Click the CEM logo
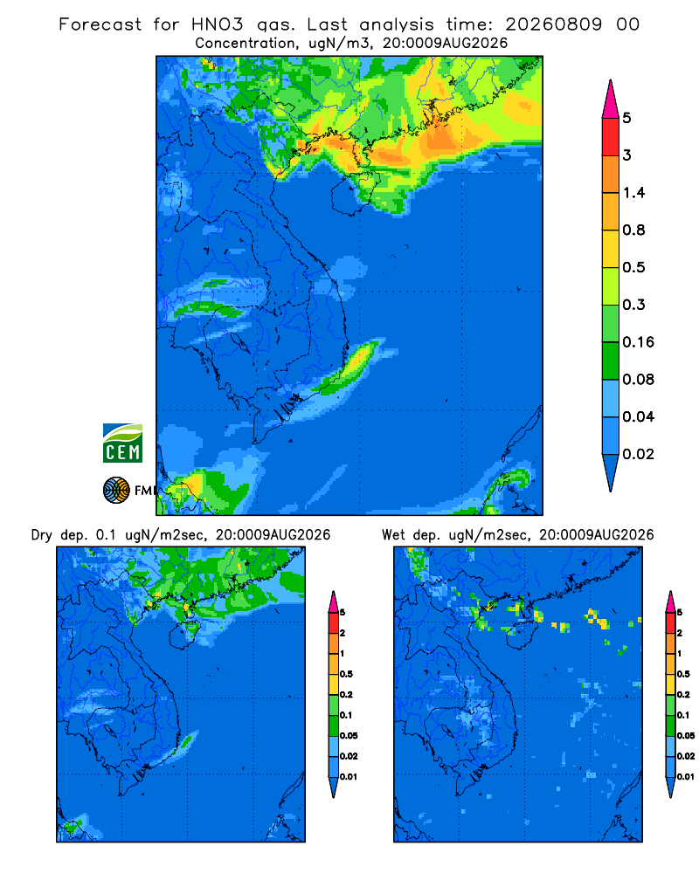(x=122, y=443)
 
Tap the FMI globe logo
(x=116, y=491)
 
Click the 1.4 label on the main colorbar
(x=633, y=193)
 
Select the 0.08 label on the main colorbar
(x=638, y=379)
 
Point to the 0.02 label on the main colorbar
(x=638, y=454)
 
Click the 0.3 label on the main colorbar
(x=633, y=305)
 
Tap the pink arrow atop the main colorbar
(x=611, y=100)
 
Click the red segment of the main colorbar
(x=611, y=137)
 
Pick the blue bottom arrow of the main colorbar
(x=611, y=472)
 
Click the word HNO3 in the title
(x=218, y=24)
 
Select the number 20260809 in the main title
(x=554, y=24)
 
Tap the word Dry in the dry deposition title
(x=41, y=535)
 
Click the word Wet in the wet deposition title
(x=393, y=535)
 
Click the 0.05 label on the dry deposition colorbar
(x=349, y=735)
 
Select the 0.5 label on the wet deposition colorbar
(x=683, y=674)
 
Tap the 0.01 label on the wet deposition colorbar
(x=686, y=776)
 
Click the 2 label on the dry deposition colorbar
(x=343, y=633)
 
